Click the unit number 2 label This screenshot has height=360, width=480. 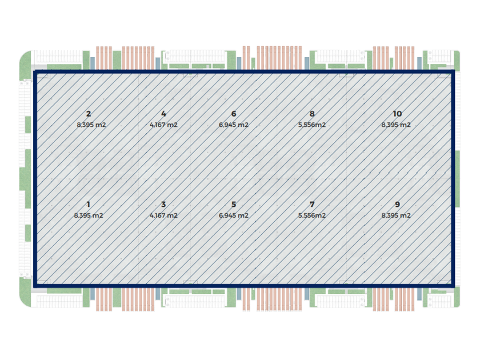pyautogui.click(x=89, y=114)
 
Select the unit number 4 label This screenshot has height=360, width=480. pyautogui.click(x=163, y=114)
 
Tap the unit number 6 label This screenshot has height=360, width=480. pyautogui.click(x=234, y=114)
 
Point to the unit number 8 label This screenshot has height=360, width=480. pyautogui.click(x=311, y=114)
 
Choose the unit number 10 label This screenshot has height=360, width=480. pyautogui.click(x=397, y=114)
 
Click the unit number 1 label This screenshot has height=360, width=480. pyautogui.click(x=89, y=204)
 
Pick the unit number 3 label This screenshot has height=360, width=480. pyautogui.click(x=163, y=204)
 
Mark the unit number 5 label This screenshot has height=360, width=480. pyautogui.click(x=234, y=204)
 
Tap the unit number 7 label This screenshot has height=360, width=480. pyautogui.click(x=311, y=204)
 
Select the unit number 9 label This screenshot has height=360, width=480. pyautogui.click(x=397, y=204)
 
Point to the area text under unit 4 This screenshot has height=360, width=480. pyautogui.click(x=163, y=125)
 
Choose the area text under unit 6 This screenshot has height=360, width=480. pyautogui.click(x=234, y=125)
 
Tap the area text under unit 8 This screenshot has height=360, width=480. pyautogui.click(x=311, y=125)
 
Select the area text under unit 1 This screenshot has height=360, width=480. pyautogui.click(x=89, y=215)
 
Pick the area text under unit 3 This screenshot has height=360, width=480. pyautogui.click(x=163, y=215)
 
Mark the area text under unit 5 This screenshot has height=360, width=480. pyautogui.click(x=234, y=215)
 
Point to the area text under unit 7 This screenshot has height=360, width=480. pyautogui.click(x=311, y=215)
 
